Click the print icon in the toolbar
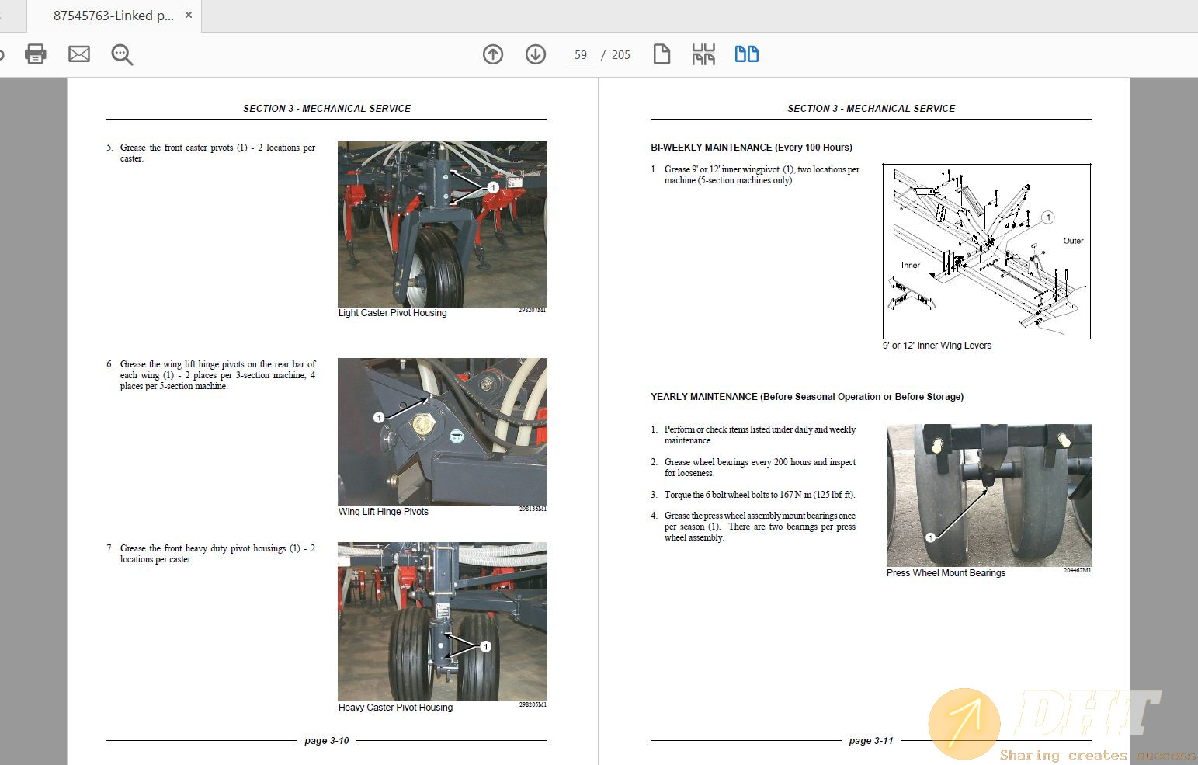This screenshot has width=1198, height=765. [x=36, y=54]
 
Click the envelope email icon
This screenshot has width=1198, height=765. [x=79, y=54]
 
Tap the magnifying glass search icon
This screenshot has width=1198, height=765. [x=122, y=54]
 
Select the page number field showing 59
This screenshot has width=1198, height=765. [x=581, y=55]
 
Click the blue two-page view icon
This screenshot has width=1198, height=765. [x=746, y=54]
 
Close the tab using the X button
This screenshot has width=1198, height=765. [x=188, y=15]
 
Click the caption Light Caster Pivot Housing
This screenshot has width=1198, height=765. [x=392, y=313]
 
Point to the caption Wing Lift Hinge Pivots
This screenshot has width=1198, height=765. [x=383, y=512]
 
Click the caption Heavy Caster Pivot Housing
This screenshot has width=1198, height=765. [x=395, y=708]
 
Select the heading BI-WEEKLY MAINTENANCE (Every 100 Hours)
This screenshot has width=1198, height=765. [x=751, y=148]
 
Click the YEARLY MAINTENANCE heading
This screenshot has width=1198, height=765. [x=807, y=397]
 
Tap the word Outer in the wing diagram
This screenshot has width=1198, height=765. [x=1073, y=241]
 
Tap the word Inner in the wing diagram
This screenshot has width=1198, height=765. [x=910, y=266]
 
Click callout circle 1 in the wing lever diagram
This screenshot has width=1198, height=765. [x=1047, y=217]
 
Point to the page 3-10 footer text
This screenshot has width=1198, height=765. [x=327, y=741]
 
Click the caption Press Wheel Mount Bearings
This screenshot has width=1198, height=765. [x=946, y=573]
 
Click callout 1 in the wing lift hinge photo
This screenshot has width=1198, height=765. [x=379, y=418]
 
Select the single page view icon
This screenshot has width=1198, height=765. [x=662, y=54]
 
